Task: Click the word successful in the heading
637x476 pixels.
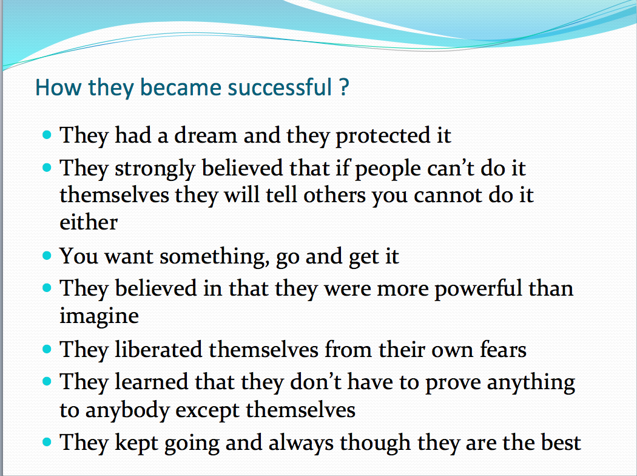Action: (x=280, y=87)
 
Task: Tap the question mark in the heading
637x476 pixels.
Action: (x=344, y=87)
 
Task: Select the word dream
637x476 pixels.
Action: (x=206, y=135)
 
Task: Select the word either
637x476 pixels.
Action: (x=89, y=222)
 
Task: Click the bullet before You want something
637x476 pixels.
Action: (x=47, y=256)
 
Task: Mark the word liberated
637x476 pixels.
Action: (x=159, y=350)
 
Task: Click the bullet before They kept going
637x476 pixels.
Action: (x=47, y=442)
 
